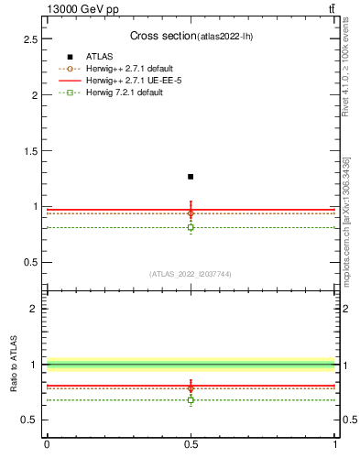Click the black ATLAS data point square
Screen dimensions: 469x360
(191, 177)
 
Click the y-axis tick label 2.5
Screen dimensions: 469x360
(30, 39)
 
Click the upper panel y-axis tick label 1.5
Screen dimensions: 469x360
(30, 151)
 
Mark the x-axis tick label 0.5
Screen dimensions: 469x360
(191, 445)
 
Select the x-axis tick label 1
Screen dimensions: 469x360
(335, 445)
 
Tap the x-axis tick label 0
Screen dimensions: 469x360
(47, 445)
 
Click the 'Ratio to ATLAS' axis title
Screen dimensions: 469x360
(16, 364)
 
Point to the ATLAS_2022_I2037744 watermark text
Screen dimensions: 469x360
(191, 274)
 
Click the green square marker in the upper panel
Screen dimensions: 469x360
(191, 227)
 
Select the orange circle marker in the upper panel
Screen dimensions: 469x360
(191, 213)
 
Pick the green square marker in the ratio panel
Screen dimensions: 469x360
(191, 399)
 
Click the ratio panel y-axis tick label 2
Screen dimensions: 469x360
(34, 309)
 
